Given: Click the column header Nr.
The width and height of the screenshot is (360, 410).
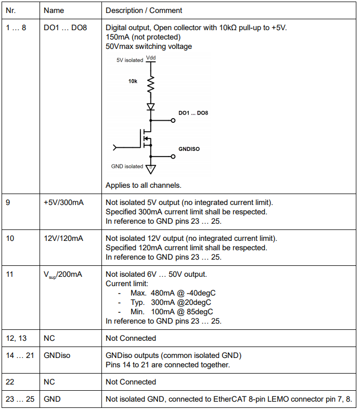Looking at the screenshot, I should (x=10, y=10).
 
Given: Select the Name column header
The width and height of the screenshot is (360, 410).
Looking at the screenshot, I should (x=54, y=10).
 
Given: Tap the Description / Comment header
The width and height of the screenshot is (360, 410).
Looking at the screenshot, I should (x=144, y=10).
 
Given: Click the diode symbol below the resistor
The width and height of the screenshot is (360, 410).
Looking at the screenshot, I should (x=151, y=107).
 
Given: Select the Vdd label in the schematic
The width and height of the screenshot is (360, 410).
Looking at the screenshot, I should (x=151, y=58).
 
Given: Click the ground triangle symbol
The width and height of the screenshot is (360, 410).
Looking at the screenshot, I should (x=151, y=169).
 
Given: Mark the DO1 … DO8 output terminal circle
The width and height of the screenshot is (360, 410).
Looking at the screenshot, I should (x=173, y=120).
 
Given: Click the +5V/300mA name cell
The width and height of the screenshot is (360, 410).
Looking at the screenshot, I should (x=63, y=202).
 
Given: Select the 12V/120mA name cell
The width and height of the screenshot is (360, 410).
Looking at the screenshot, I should (x=63, y=238).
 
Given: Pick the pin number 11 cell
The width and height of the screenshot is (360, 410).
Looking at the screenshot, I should (x=9, y=274).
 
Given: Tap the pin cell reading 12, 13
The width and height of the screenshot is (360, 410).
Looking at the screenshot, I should (x=16, y=338).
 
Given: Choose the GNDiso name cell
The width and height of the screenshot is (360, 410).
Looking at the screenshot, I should (x=57, y=355).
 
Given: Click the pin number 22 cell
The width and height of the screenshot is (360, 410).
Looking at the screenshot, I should (x=10, y=382).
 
